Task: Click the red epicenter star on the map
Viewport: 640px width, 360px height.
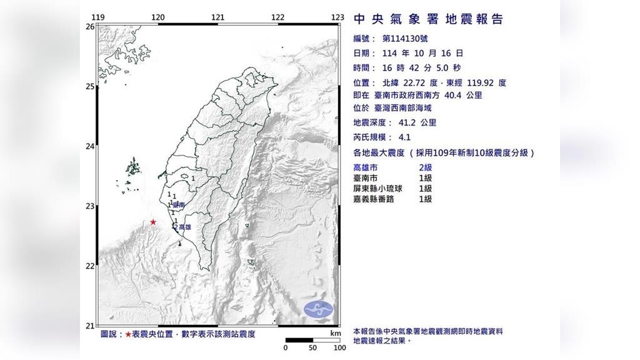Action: tap(153, 222)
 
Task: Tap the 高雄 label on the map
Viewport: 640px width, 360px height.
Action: tap(184, 227)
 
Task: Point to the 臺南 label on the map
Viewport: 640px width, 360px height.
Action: tap(179, 204)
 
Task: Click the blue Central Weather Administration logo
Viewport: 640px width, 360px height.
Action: tap(319, 308)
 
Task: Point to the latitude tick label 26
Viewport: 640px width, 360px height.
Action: tap(89, 27)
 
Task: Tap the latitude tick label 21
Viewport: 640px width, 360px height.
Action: tap(89, 326)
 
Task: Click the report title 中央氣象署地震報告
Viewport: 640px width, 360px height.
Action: tap(428, 19)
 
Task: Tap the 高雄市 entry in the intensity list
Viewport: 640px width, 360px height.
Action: tap(366, 167)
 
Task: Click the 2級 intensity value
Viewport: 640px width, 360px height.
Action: tap(425, 167)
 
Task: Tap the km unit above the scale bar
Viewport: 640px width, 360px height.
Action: tap(336, 334)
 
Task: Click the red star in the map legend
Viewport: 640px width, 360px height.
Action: tap(128, 334)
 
